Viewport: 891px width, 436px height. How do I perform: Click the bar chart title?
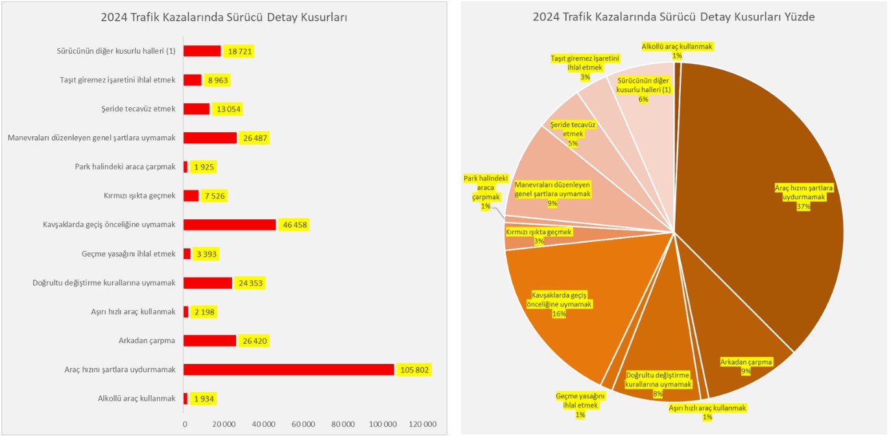tap(224, 18)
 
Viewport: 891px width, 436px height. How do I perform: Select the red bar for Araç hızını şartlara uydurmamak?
tap(289, 369)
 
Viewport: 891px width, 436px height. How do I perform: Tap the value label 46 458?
tap(295, 225)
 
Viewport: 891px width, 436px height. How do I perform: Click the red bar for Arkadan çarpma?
tap(209, 341)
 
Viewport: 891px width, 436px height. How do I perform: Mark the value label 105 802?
tap(413, 370)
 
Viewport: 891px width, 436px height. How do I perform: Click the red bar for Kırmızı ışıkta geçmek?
tap(191, 196)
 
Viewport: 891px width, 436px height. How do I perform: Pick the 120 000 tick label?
tap(422, 424)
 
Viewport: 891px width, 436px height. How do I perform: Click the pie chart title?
tap(674, 18)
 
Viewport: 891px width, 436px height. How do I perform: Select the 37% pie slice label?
tap(803, 197)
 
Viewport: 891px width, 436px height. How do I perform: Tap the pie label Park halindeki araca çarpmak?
tap(485, 192)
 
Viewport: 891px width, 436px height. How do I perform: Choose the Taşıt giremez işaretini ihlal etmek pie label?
tap(576, 67)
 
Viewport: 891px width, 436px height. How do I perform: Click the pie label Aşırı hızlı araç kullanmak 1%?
tap(707, 412)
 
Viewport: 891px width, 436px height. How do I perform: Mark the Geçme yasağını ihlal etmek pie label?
tap(580, 405)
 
